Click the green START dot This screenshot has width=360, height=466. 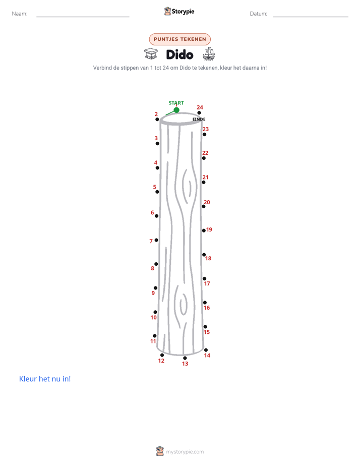[176, 110]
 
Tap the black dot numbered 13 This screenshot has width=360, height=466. [185, 358]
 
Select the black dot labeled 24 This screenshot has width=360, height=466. [199, 112]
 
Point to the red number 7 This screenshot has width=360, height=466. [151, 241]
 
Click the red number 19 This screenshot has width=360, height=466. [209, 229]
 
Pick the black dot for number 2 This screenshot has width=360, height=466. [157, 120]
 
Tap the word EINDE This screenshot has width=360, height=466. [199, 119]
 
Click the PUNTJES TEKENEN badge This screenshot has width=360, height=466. [179, 39]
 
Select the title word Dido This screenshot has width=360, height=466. [179, 54]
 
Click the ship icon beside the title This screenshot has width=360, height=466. [209, 54]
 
